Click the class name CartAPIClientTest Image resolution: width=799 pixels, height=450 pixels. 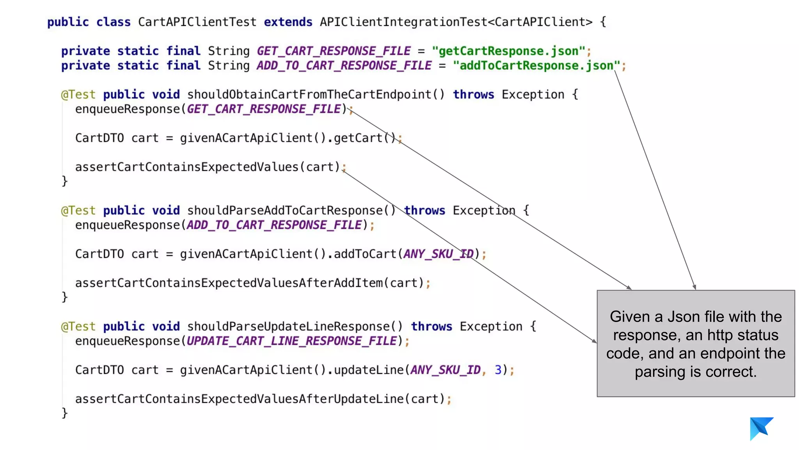coord(197,22)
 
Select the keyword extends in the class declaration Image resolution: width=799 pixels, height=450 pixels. coord(288,22)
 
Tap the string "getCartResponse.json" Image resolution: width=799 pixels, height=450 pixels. coord(508,51)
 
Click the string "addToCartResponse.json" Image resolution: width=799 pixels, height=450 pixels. coord(536,66)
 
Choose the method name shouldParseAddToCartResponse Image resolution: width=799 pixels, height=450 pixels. coord(284,211)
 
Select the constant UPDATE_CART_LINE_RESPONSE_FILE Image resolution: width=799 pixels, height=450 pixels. coord(291,341)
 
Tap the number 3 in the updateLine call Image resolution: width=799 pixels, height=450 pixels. coord(498,370)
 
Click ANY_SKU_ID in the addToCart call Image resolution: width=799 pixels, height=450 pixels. coord(439,254)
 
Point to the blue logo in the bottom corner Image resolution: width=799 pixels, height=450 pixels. coord(761,428)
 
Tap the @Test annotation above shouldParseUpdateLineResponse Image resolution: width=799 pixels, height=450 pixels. coord(78,327)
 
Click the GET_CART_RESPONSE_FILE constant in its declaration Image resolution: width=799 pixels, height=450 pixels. coord(334,51)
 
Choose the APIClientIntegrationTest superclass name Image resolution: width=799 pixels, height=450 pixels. coord(403,22)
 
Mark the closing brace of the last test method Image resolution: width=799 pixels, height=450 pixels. coord(65,413)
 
